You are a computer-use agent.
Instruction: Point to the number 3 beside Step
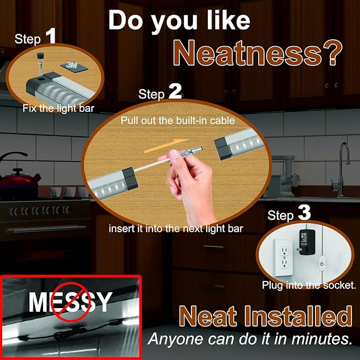(304, 213)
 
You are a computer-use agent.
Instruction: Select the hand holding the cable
(191, 180)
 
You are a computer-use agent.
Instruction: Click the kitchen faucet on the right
(343, 162)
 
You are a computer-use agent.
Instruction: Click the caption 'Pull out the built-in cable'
(178, 120)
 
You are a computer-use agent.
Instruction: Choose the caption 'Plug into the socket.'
(309, 285)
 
